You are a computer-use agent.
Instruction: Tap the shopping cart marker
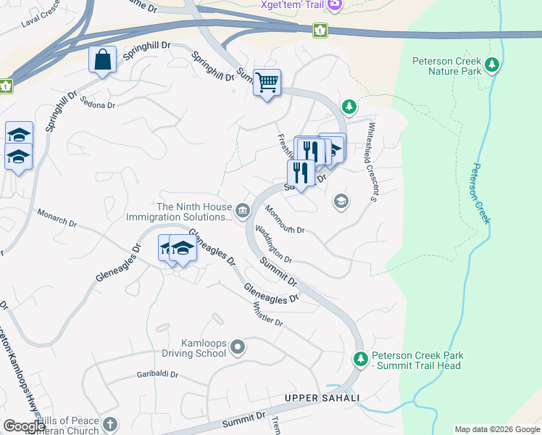267,83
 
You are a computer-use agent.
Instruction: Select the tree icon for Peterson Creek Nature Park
493,66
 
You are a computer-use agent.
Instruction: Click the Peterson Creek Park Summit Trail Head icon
361,359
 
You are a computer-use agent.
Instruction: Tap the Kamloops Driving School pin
239,348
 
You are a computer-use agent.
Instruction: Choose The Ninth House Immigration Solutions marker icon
242,211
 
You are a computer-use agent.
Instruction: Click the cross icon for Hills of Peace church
109,425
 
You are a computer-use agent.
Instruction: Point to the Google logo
24,426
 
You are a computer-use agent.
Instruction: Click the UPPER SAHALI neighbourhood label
322,399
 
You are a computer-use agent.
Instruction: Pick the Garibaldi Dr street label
157,376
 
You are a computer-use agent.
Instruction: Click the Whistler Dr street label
267,313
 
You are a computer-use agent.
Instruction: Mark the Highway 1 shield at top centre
319,30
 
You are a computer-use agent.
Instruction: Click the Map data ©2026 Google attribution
496,429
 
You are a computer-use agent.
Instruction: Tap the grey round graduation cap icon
341,201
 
